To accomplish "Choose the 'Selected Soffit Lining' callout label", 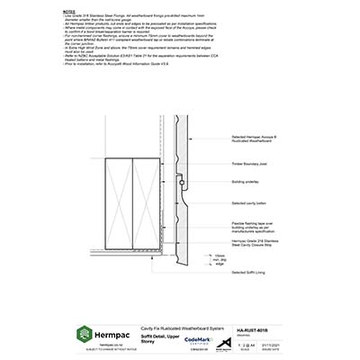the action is tap(249, 272).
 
